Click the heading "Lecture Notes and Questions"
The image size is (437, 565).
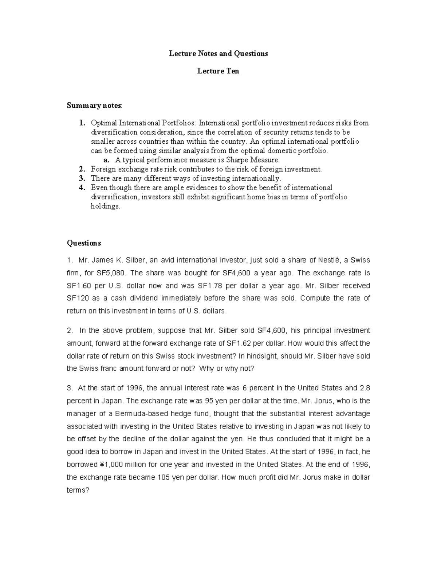click(218, 53)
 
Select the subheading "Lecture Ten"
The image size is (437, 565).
click(218, 71)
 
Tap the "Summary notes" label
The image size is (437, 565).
click(94, 106)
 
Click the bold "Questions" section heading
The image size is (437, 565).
click(84, 243)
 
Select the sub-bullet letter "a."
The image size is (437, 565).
click(106, 160)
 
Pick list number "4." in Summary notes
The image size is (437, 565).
click(82, 188)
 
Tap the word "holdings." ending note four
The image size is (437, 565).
click(105, 206)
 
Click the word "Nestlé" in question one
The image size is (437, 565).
click(329, 260)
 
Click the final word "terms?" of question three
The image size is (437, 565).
click(78, 490)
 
